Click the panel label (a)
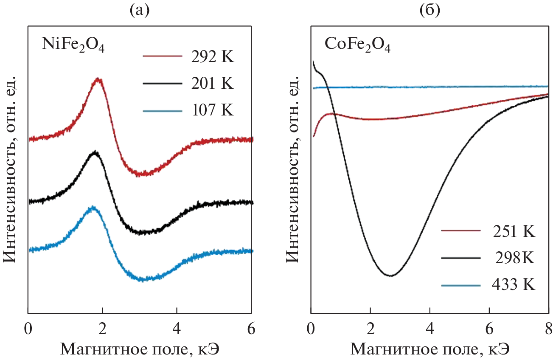140,9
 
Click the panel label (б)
429,9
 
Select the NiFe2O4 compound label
73,44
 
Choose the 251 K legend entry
488,231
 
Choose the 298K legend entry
488,258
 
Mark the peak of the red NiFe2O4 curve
98,79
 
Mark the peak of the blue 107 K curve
92,208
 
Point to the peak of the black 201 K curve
95,152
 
